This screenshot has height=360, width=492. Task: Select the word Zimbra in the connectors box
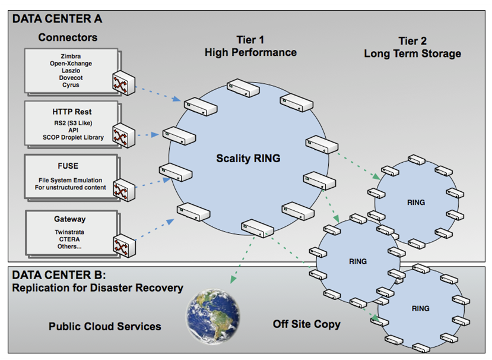click(x=71, y=56)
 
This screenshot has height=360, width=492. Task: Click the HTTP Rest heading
click(x=72, y=111)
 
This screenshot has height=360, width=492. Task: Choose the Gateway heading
click(x=70, y=219)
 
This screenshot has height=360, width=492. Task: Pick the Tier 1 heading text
click(x=250, y=40)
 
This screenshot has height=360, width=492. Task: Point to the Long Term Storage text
click(x=412, y=54)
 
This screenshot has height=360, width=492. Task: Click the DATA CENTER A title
click(x=57, y=19)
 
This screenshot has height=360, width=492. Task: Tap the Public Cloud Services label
click(x=104, y=327)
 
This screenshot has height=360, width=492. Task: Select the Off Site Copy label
click(x=306, y=324)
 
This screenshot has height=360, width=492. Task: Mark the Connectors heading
click(x=68, y=37)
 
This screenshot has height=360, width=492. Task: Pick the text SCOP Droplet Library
click(x=73, y=137)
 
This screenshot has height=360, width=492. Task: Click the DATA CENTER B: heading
click(x=59, y=275)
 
